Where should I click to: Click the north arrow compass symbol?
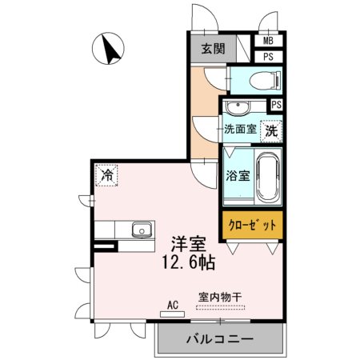click(108, 49)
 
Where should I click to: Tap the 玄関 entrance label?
click(213, 49)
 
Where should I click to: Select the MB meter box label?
click(268, 41)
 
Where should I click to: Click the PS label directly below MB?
click(268, 57)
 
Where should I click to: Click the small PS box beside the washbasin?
click(277, 105)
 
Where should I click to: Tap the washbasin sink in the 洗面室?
click(238, 107)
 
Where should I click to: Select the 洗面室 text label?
click(240, 129)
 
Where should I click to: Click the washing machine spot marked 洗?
click(271, 131)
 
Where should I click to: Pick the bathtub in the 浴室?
click(268, 177)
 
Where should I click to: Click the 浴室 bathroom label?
click(238, 175)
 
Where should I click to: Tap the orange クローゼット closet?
click(253, 226)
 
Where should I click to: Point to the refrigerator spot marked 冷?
click(106, 175)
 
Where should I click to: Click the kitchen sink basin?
click(142, 230)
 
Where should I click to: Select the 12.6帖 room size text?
click(189, 263)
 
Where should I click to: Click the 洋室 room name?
click(189, 244)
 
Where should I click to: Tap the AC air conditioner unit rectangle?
click(172, 314)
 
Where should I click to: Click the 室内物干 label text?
click(220, 297)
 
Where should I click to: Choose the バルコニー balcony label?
click(220, 339)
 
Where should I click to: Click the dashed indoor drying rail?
click(220, 307)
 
